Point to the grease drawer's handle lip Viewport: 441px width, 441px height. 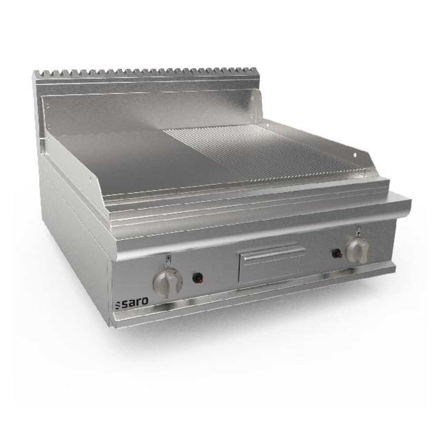coord(271,252)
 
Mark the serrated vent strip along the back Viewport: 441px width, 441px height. coord(146,73)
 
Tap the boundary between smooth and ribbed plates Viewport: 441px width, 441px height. coord(207,154)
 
